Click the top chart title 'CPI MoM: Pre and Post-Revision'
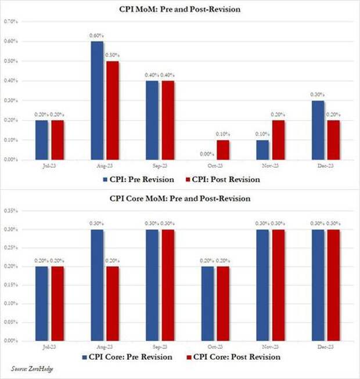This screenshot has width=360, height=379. [x=179, y=9]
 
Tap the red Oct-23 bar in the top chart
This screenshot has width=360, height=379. [x=223, y=149]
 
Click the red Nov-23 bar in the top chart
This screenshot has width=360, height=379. [x=279, y=139]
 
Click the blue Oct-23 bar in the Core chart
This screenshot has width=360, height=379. [x=207, y=304]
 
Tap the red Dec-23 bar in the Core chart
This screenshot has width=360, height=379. [x=334, y=285]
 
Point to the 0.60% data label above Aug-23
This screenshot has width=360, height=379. [x=96, y=35]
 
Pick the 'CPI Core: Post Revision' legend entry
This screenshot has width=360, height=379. [x=232, y=357]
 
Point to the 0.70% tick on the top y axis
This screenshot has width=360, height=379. [x=11, y=21]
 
